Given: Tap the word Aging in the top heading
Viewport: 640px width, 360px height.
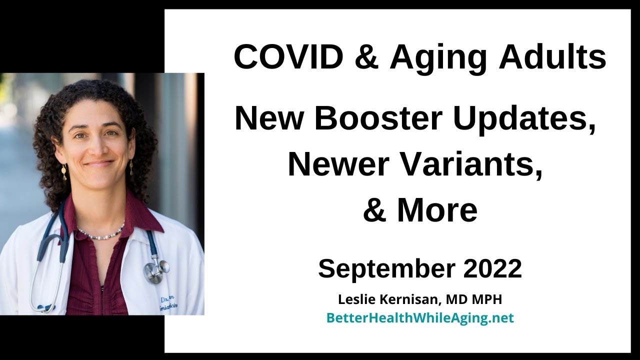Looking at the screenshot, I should pyautogui.click(x=438, y=57).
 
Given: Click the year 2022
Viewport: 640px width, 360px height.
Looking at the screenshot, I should pyautogui.click(x=492, y=268).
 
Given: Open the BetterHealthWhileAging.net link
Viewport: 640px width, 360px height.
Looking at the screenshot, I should pyautogui.click(x=420, y=318).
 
